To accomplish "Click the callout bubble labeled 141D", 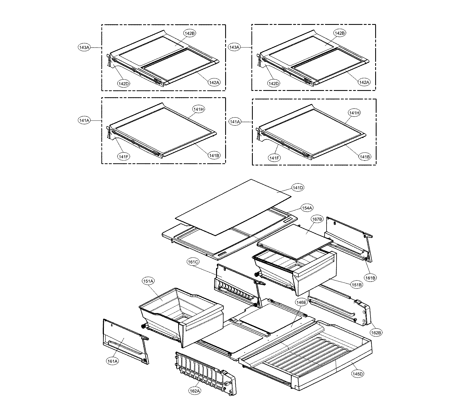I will click(298, 188).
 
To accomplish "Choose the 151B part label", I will click(357, 285).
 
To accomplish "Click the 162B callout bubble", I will click(376, 333).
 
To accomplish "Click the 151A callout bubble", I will click(148, 281).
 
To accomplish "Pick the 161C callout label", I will click(193, 261).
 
